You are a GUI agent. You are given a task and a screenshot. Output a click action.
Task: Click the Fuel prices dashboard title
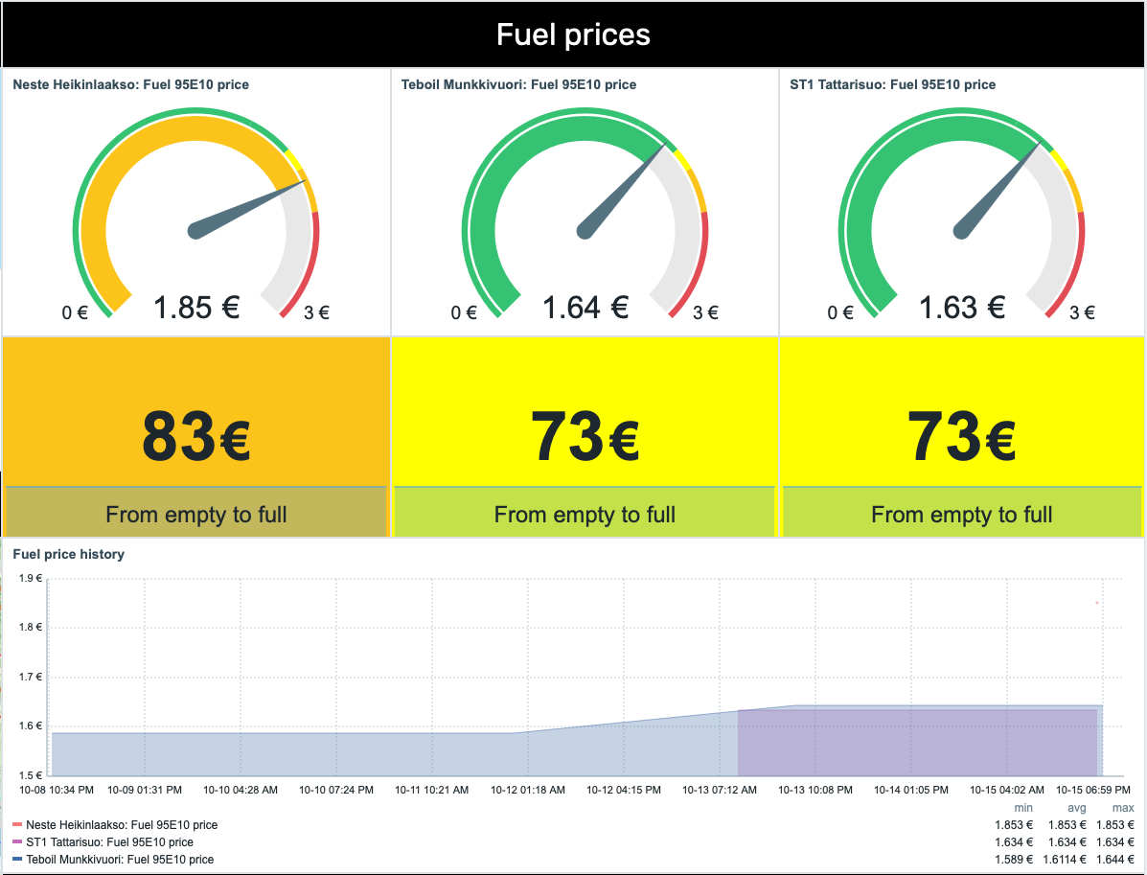[573, 35]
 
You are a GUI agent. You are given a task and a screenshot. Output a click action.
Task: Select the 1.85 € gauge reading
[196, 308]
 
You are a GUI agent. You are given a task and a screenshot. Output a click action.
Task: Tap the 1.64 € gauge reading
[585, 308]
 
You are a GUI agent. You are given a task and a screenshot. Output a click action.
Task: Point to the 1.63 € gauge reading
[962, 308]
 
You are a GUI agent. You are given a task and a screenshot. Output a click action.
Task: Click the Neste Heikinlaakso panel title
[130, 84]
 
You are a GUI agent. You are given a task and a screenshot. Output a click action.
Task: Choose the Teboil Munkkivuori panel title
[518, 84]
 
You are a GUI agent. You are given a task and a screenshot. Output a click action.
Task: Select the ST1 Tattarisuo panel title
[892, 84]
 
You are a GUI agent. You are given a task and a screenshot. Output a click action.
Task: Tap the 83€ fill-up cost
[196, 437]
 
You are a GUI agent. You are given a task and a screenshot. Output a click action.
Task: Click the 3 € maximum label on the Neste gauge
[316, 312]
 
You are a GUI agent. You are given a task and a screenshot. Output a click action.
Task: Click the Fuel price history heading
[68, 554]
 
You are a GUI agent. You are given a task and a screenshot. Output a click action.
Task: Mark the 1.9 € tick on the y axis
[32, 578]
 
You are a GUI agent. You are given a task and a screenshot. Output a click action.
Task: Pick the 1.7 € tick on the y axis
[32, 677]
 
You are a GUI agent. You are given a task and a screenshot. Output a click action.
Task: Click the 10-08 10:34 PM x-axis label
[57, 791]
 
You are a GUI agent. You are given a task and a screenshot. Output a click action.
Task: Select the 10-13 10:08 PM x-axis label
[815, 791]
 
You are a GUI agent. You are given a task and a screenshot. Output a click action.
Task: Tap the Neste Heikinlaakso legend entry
[122, 825]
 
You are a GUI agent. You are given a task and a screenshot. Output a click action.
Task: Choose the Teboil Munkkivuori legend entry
[120, 860]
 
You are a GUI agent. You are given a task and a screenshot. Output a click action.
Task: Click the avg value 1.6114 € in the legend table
[1066, 860]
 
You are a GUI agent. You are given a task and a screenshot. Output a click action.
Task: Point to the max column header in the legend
[1123, 809]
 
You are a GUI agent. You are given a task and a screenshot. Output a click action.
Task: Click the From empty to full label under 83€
[196, 515]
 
